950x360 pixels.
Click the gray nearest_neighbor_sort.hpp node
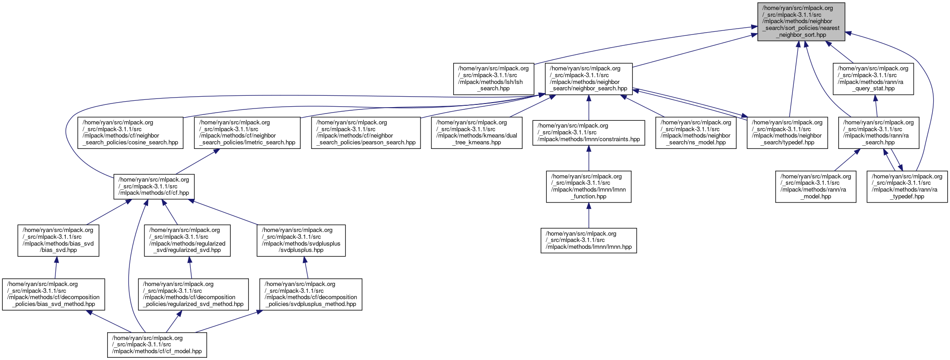(801, 21)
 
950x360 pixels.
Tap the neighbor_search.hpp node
(589, 79)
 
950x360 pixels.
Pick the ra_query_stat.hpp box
(873, 79)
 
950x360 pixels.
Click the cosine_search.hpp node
(131, 133)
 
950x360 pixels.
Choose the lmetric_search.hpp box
(247, 133)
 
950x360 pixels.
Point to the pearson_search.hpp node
(366, 133)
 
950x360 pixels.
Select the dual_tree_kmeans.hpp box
(476, 133)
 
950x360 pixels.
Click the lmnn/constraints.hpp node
(589, 133)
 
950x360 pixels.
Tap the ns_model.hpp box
(696, 133)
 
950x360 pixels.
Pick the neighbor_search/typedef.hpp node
(787, 133)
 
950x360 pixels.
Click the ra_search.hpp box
(878, 133)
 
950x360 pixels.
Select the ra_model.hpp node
(816, 187)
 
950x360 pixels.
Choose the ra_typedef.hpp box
(907, 187)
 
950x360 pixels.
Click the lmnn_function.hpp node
(589, 187)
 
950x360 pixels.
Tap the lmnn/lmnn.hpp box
(589, 241)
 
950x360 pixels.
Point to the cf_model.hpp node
(157, 345)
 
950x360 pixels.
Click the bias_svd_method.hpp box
(54, 294)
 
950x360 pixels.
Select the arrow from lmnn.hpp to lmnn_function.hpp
(589, 215)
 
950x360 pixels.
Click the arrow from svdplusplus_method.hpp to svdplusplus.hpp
(307, 268)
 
